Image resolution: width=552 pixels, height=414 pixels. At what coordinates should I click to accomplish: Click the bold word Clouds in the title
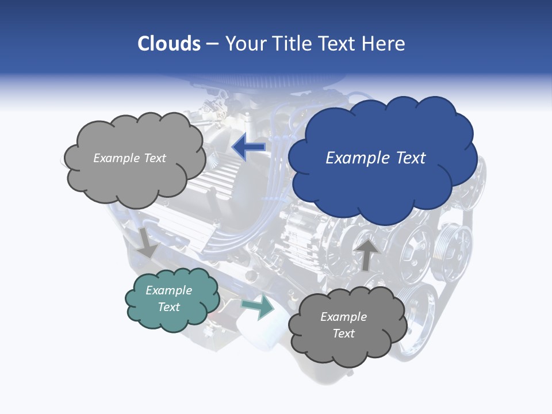pyautogui.click(x=169, y=44)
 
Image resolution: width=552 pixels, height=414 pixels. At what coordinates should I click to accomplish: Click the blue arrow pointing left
pyautogui.click(x=249, y=148)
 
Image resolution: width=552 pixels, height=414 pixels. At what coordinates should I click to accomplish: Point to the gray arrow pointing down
pyautogui.click(x=147, y=242)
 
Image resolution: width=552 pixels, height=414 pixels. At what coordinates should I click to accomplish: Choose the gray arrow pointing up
pyautogui.click(x=366, y=254)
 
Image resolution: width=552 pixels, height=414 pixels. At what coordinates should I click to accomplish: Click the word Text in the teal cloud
pyautogui.click(x=169, y=307)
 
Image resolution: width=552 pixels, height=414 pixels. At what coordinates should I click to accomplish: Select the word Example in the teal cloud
pyautogui.click(x=168, y=290)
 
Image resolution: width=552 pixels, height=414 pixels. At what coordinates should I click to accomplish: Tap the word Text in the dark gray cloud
pyautogui.click(x=343, y=333)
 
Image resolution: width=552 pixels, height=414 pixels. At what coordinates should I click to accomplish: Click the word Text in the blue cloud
pyautogui.click(x=408, y=158)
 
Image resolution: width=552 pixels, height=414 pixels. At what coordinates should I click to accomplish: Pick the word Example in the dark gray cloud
pyautogui.click(x=343, y=317)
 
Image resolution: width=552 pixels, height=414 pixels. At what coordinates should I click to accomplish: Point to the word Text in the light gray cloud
pyautogui.click(x=155, y=158)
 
